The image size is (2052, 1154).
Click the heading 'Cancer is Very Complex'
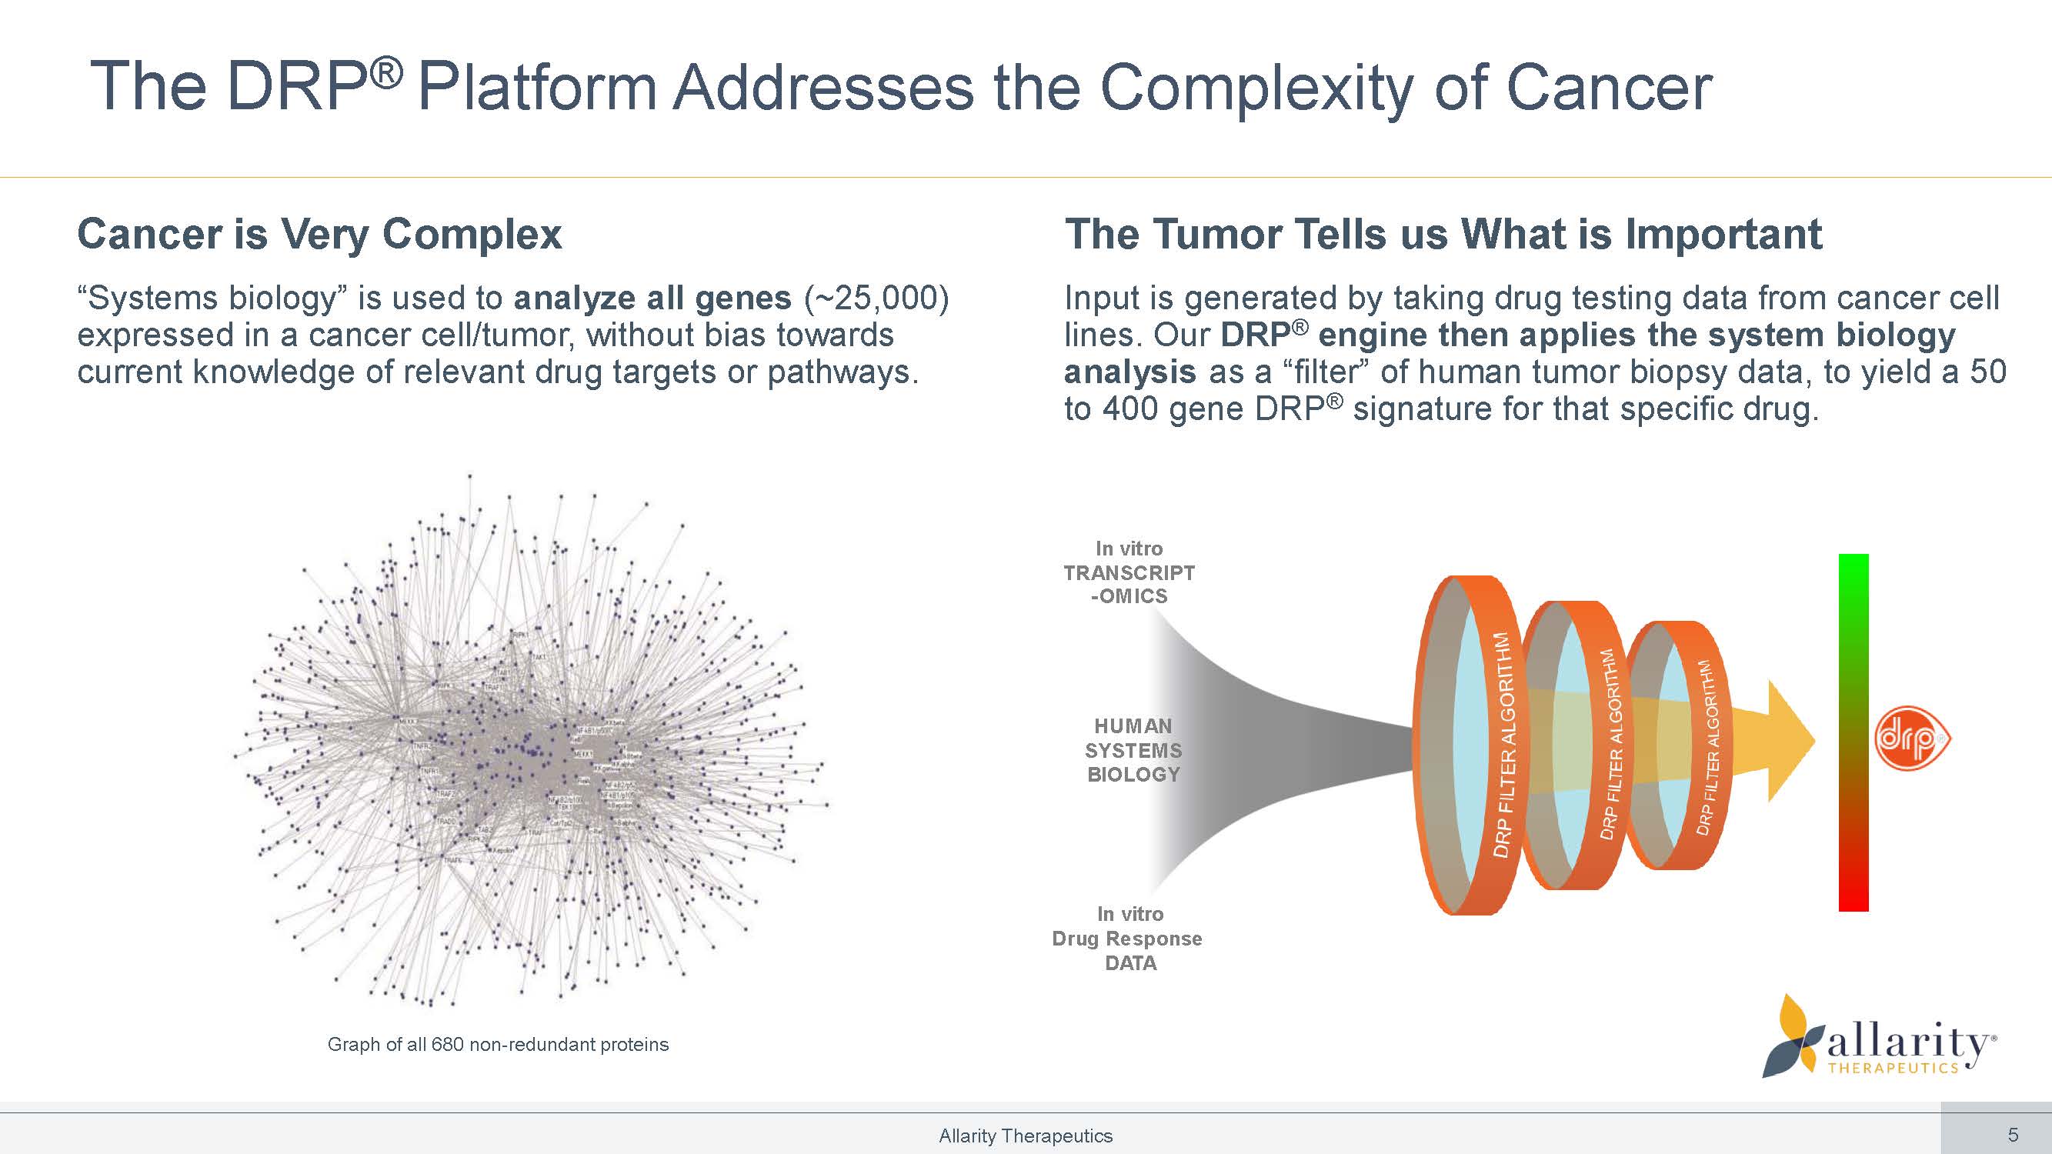319,234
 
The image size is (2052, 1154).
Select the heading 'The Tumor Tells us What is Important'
1443,234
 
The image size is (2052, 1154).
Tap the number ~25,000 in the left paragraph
877,298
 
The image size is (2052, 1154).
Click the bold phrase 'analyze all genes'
652,298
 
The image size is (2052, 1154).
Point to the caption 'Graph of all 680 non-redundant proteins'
498,1044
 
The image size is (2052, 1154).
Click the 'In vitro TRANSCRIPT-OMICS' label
1129,572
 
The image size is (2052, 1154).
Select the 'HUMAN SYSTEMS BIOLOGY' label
1133,750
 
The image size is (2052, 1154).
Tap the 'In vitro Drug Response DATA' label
1128,938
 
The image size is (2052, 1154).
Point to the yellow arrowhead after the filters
1788,741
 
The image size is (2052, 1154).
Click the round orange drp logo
1912,741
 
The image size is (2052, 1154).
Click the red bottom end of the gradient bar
1853,896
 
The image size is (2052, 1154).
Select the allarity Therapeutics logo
1880,1039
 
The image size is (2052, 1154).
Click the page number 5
2013,1135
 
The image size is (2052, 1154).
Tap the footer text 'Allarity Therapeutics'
1025,1136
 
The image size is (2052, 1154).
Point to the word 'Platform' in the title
538,88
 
